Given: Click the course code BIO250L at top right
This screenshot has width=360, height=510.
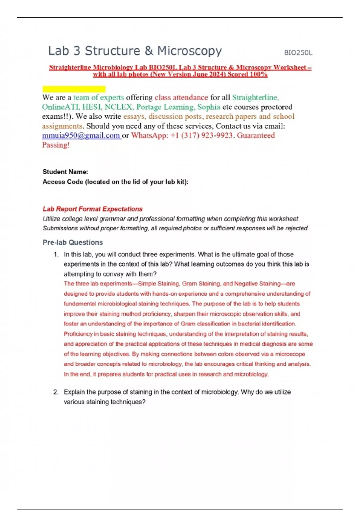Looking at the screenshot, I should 298,53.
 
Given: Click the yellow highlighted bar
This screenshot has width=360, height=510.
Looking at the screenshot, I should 74,89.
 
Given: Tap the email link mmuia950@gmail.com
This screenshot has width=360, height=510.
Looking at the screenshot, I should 81,136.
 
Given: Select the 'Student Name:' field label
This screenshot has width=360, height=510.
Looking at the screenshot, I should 65,172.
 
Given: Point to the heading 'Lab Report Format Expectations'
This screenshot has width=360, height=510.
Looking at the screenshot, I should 92,209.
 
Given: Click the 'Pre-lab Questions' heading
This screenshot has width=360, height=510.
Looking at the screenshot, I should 73,242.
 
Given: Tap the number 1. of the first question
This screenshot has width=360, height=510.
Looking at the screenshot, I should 56,255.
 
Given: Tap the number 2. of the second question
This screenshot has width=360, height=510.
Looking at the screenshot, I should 56,392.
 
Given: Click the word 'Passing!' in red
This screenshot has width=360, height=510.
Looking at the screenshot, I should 56,145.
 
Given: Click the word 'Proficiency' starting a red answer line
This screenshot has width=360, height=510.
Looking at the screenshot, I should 78,334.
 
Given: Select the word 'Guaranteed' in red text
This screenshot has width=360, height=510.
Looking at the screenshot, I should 256,136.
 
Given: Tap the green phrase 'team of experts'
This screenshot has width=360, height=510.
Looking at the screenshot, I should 99,97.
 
